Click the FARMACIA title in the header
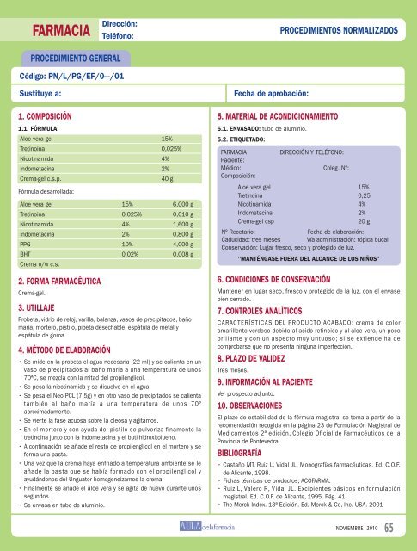click(x=61, y=32)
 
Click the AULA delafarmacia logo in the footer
click(x=208, y=526)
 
